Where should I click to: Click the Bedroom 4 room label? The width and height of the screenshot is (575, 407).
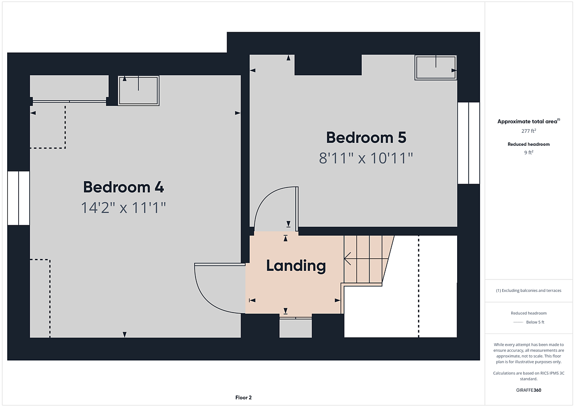point(123,187)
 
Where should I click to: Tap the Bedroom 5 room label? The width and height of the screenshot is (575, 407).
point(366,138)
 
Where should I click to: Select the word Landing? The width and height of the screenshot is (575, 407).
point(296,266)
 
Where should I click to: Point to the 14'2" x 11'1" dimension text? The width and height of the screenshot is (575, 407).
point(124,208)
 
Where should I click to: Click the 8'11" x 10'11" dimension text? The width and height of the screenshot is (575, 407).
point(366,158)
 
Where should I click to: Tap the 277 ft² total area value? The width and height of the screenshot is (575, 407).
point(529,131)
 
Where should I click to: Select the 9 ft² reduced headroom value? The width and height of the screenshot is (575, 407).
point(529,152)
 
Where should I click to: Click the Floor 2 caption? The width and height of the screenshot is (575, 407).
point(243,397)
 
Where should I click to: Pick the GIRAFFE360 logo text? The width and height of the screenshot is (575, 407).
point(529,390)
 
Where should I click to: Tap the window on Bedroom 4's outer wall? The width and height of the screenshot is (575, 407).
point(19,198)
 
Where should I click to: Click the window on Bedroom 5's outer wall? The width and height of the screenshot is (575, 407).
point(469,143)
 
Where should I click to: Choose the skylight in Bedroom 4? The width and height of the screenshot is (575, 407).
point(138,91)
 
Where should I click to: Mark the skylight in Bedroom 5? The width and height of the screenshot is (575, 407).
point(436,68)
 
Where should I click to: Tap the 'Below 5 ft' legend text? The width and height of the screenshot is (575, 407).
point(535,322)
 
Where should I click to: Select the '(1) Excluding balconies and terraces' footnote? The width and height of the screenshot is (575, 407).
point(529,291)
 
